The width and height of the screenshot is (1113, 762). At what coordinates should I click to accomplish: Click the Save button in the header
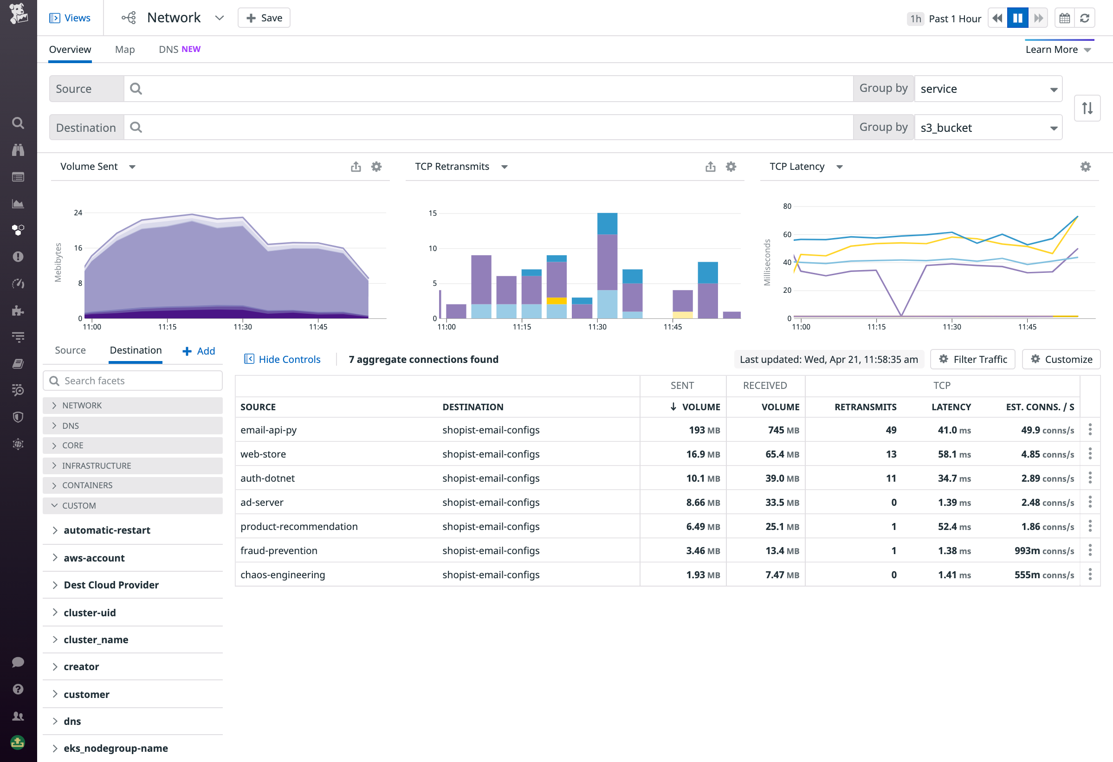click(x=264, y=18)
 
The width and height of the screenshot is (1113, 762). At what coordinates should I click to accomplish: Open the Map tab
click(x=124, y=49)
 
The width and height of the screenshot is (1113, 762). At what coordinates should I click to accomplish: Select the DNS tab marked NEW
click(x=179, y=49)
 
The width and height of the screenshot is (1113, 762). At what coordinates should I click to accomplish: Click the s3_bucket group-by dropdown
click(x=988, y=128)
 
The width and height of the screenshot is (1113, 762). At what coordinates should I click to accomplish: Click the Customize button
click(x=1061, y=359)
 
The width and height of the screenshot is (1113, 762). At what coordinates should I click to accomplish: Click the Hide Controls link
click(x=282, y=359)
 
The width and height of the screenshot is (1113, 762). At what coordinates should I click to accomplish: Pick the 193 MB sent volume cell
click(x=704, y=430)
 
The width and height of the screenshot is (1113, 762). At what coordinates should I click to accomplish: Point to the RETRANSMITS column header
click(x=865, y=407)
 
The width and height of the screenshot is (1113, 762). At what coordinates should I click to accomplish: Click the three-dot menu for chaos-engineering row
click(x=1090, y=574)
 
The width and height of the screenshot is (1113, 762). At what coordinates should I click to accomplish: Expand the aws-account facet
click(x=94, y=558)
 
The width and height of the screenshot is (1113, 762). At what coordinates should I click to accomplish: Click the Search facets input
click(x=133, y=381)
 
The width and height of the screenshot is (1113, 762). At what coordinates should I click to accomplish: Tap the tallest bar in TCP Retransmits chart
click(x=607, y=266)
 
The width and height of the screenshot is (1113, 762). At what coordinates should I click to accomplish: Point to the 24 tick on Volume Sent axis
click(x=78, y=213)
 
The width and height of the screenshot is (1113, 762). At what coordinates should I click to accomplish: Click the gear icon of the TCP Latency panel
click(x=1085, y=167)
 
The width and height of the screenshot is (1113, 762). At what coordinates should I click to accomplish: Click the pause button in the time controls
click(x=1017, y=18)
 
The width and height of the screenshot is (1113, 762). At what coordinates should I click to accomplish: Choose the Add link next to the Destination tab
click(x=199, y=351)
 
